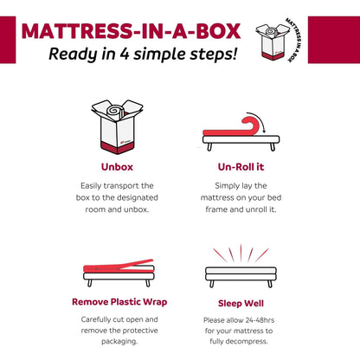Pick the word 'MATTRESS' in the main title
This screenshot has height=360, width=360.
coord(71,31)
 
